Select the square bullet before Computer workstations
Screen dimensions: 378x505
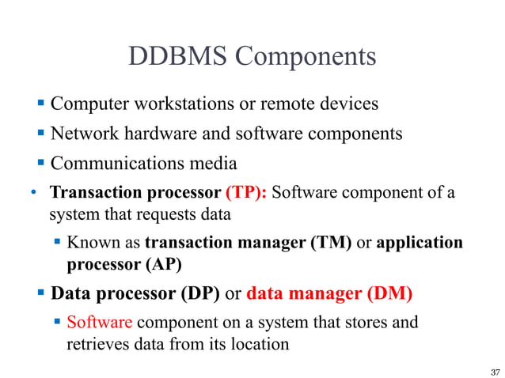[x=42, y=104]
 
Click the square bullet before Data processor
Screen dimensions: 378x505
[x=42, y=293]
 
